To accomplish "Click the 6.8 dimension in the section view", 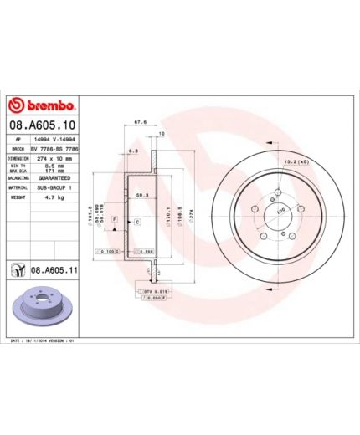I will (133, 151).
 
